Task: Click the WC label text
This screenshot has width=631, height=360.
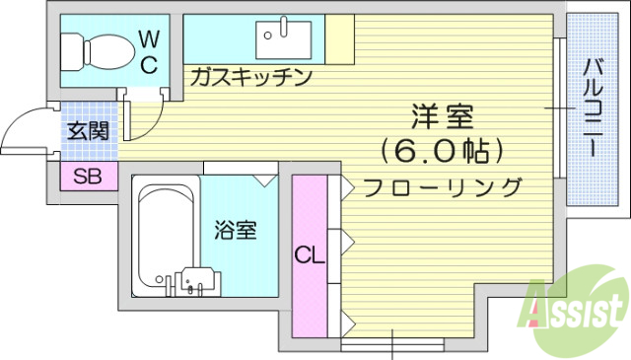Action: click(148, 51)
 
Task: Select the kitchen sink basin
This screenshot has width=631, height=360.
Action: click(284, 40)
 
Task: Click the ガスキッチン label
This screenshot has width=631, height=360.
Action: click(250, 76)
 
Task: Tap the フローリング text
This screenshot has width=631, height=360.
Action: click(442, 185)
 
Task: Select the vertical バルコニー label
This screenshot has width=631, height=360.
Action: click(594, 108)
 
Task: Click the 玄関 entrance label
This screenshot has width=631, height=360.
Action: click(87, 130)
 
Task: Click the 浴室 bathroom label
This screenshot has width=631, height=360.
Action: click(237, 230)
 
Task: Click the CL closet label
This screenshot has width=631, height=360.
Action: click(309, 255)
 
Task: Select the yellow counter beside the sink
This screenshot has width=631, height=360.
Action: click(339, 39)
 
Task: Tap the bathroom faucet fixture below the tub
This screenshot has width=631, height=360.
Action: click(194, 282)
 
